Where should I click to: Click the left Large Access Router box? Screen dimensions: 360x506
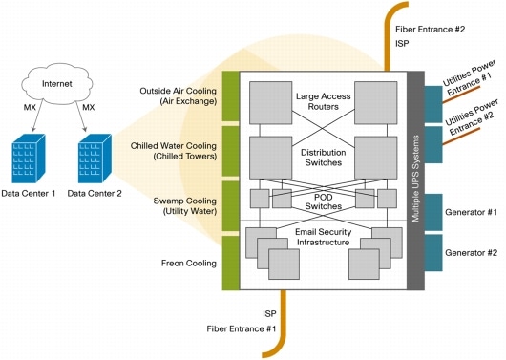270,99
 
